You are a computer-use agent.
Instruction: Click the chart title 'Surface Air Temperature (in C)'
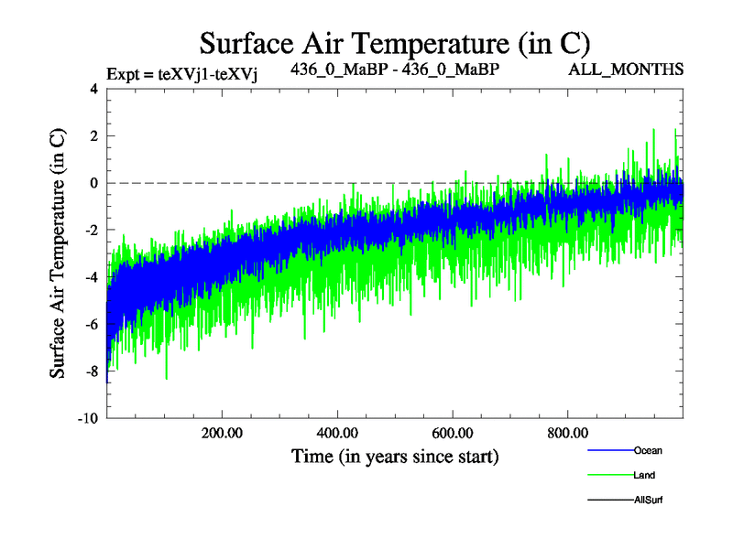tap(394, 43)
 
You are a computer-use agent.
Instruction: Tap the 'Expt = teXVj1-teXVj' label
tap(181, 74)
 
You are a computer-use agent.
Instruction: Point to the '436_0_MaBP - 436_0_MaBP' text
tap(395, 70)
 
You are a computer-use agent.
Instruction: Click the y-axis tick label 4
tap(93, 89)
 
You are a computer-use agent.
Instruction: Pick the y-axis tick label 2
tap(93, 136)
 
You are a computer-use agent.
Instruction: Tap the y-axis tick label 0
tap(93, 183)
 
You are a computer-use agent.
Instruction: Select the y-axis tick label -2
tap(90, 231)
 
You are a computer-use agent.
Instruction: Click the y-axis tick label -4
tap(90, 277)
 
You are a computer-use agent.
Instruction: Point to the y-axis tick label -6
tap(90, 325)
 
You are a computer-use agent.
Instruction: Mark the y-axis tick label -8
tap(90, 371)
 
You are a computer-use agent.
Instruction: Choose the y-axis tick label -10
tap(87, 419)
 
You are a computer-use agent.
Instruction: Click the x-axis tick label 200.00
tap(222, 434)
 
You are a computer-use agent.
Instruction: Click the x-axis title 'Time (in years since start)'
tap(395, 456)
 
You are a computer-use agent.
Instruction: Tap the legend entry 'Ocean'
tap(647, 450)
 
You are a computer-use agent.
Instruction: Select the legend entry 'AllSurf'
tap(648, 500)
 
